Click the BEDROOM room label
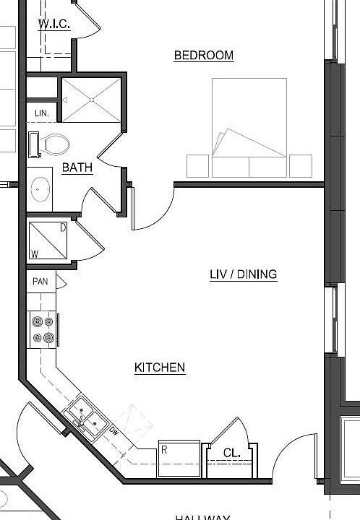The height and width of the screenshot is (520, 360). tap(204, 56)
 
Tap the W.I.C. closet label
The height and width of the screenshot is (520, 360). tap(55, 24)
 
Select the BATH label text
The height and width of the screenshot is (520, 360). tap(77, 168)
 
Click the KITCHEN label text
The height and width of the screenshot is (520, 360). tap(160, 368)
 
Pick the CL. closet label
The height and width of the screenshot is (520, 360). tap(231, 453)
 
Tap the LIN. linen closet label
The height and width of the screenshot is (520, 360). tap(42, 113)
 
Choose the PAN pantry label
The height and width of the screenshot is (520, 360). tap(40, 281)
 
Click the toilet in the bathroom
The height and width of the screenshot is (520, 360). tap(50, 144)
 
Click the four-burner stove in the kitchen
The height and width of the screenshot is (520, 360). tap(43, 329)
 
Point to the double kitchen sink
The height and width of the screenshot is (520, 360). tap(87, 417)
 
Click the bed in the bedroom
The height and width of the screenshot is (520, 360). tap(249, 126)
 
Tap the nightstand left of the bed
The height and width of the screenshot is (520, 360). tap(197, 165)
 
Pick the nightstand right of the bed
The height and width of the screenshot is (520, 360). tap(301, 165)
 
